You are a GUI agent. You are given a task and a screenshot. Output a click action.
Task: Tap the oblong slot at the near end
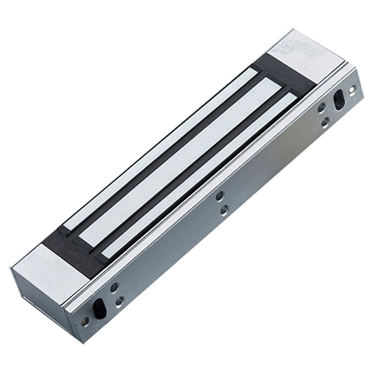[x=99, y=308]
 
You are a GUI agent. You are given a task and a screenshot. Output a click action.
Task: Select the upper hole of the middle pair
[x=220, y=196]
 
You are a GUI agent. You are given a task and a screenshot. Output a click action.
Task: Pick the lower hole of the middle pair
[x=224, y=210]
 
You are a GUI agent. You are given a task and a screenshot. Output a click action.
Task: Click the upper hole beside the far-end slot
[x=321, y=108]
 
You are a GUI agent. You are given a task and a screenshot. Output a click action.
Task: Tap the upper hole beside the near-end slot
[x=114, y=287]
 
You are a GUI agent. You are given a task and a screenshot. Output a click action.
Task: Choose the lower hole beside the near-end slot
[x=119, y=302]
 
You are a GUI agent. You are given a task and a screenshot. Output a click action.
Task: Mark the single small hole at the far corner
[x=352, y=88]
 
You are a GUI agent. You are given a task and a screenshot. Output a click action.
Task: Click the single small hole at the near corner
[x=85, y=321]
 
